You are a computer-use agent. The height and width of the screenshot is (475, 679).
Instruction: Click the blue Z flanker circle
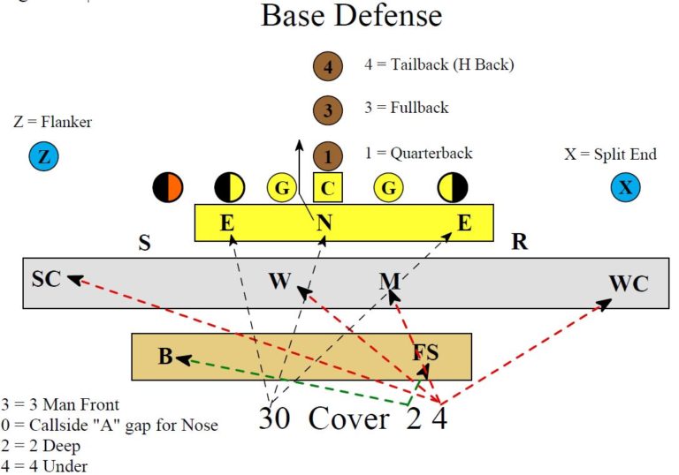point(43,157)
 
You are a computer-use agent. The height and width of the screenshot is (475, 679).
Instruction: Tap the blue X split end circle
point(626,187)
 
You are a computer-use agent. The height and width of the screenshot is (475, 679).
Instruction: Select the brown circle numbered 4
point(327,66)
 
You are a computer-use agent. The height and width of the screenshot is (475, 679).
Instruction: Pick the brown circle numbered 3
point(327,110)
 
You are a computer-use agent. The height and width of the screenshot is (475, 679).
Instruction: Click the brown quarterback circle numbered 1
point(327,156)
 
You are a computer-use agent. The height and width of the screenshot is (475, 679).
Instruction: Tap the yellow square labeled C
point(327,187)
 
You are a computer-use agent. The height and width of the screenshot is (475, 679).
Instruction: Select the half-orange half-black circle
point(168,187)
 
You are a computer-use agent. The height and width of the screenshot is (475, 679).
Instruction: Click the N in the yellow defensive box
point(324,223)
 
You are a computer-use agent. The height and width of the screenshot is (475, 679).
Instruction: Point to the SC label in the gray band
point(46,279)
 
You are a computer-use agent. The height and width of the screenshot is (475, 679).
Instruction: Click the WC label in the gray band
point(628,284)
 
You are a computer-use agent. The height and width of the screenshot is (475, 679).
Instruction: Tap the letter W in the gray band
point(279,282)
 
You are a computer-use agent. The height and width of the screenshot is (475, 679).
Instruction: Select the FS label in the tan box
point(426,354)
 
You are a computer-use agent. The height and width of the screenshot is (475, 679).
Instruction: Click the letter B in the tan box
point(165,358)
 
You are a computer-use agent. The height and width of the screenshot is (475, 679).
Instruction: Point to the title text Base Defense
point(351,16)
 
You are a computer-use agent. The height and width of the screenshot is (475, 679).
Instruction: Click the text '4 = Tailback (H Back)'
point(439,64)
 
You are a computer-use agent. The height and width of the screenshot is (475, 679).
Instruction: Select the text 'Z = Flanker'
point(53,122)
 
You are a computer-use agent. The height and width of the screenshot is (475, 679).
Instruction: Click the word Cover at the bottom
point(348,418)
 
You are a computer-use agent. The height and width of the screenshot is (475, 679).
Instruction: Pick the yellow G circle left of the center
point(281,187)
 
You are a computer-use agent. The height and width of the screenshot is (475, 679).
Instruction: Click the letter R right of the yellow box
point(519,243)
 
